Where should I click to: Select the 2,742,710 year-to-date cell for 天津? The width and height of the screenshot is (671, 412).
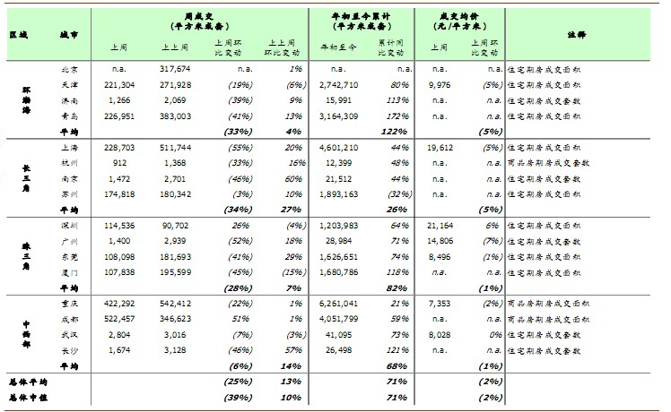(338, 84)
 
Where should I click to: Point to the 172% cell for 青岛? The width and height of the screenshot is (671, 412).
(398, 116)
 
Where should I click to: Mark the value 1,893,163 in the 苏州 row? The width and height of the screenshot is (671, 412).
(338, 193)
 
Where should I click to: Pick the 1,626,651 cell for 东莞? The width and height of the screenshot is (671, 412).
(338, 256)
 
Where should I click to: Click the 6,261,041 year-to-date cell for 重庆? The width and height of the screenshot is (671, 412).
(338, 304)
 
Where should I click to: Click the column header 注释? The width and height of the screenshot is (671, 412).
(577, 33)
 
